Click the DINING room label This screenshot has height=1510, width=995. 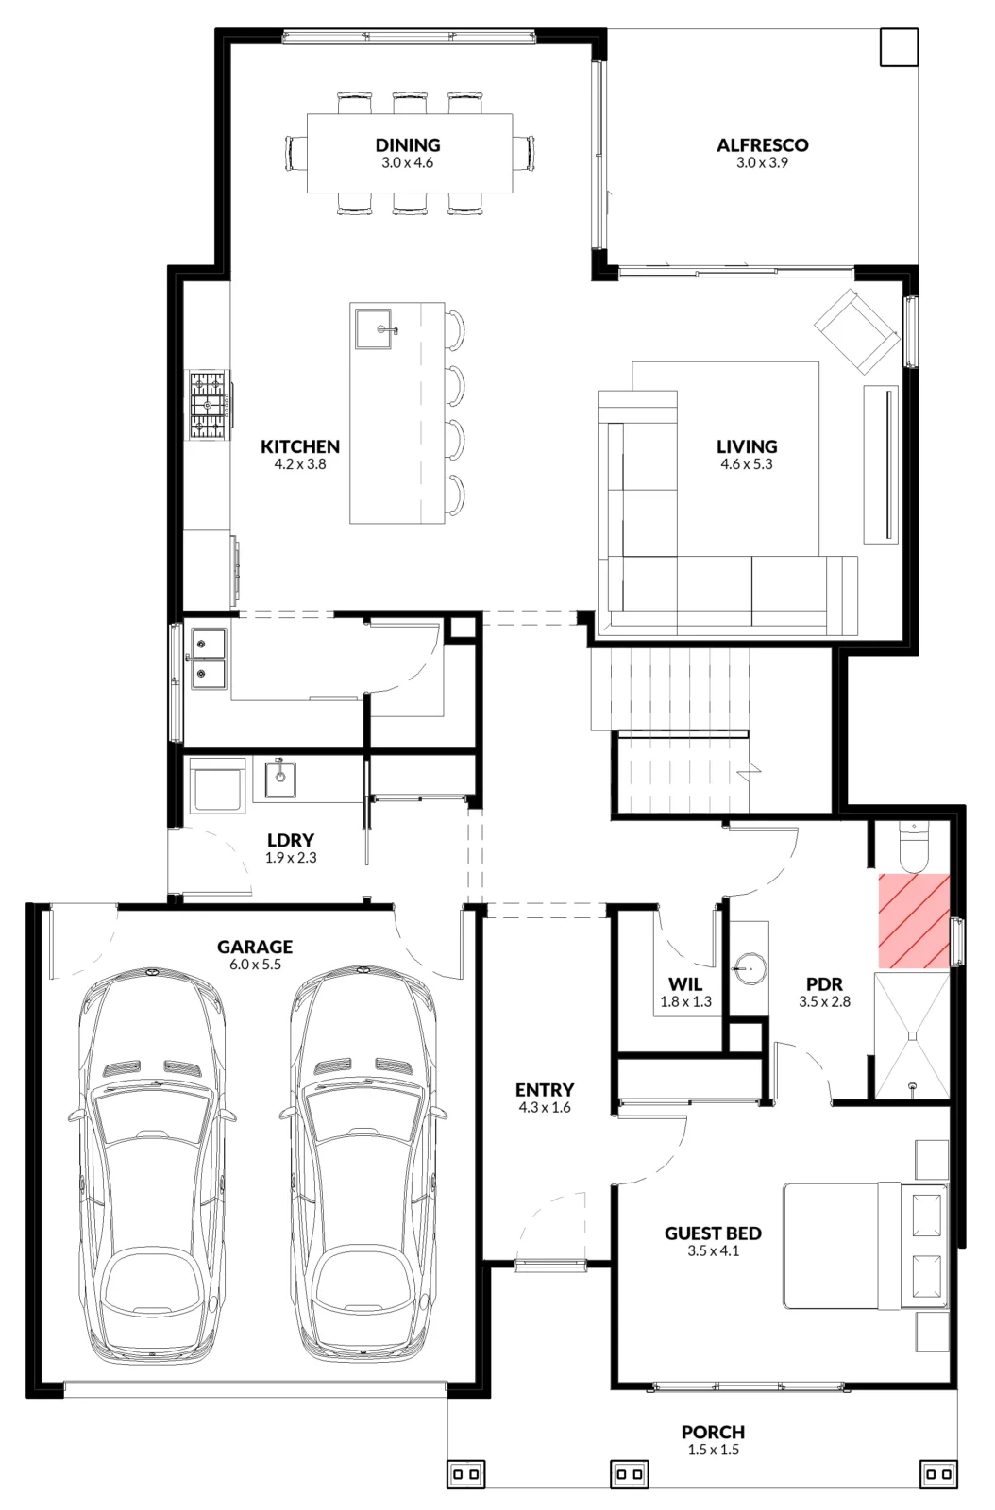click(x=408, y=145)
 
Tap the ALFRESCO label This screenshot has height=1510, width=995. click(x=763, y=145)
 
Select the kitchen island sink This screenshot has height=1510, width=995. click(x=374, y=329)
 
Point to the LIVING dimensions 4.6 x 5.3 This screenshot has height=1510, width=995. click(x=746, y=463)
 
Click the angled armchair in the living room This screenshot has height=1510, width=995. click(x=857, y=330)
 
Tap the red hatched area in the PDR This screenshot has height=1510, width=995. click(x=914, y=921)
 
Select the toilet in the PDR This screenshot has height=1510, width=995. click(x=914, y=848)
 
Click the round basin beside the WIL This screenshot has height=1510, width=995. click(x=749, y=969)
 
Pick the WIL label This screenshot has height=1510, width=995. click(x=685, y=984)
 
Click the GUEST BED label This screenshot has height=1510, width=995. click(x=714, y=1233)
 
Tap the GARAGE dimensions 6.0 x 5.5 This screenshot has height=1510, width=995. click(x=255, y=965)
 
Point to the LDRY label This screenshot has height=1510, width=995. click(x=291, y=840)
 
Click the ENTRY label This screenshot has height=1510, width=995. click(x=545, y=1090)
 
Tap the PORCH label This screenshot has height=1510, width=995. click(x=714, y=1432)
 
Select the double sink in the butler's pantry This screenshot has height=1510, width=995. click(x=209, y=659)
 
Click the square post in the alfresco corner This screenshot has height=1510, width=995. click(x=900, y=47)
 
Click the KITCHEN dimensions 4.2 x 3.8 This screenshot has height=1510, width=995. click(x=300, y=463)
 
